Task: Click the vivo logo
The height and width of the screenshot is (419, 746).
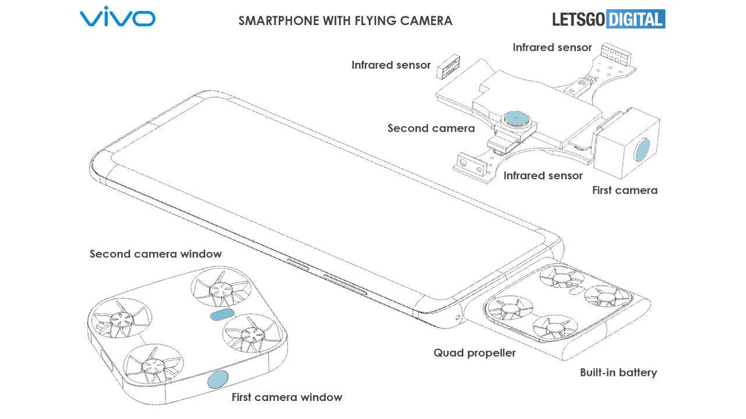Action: tap(117, 17)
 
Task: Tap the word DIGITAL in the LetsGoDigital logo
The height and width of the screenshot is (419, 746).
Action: tap(635, 19)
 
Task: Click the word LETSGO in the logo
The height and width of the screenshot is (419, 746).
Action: tap(579, 19)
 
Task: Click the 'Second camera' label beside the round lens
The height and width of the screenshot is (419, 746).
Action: tap(431, 128)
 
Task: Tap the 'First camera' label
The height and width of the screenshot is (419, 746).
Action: tap(624, 190)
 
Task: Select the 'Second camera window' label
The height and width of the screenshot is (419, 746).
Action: tap(156, 254)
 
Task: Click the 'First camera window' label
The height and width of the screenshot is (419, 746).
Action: tap(287, 397)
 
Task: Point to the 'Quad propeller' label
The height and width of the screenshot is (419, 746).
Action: tap(474, 353)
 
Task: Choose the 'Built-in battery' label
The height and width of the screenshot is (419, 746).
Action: tap(618, 372)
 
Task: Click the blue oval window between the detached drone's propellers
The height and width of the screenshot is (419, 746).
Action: tap(221, 315)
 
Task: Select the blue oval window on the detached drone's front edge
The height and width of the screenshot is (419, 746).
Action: tap(219, 379)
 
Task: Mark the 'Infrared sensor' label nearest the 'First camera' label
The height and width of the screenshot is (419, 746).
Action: tap(543, 175)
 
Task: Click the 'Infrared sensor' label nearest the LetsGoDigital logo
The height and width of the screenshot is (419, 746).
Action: tap(552, 48)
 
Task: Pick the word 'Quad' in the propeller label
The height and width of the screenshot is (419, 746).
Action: tap(448, 353)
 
